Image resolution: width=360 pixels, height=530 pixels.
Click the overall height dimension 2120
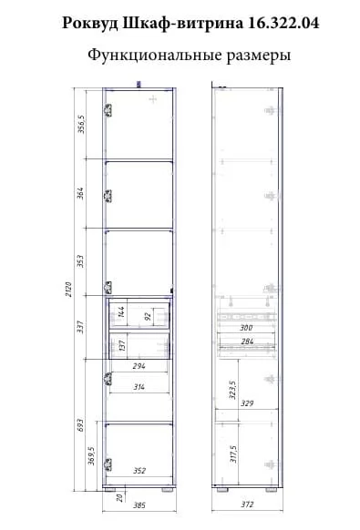point(69,289)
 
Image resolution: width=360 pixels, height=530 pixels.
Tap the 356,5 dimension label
point(81,124)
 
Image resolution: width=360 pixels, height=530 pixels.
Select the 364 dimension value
point(80,193)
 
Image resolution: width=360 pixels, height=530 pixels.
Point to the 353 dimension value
point(80,261)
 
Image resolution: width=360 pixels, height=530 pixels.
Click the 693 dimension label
point(80,425)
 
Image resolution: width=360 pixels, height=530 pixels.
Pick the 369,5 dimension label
point(91,455)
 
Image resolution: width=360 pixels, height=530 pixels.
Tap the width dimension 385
point(139,505)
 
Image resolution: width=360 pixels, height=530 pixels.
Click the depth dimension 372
point(247,505)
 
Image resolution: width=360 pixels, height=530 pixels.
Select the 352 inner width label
point(139,471)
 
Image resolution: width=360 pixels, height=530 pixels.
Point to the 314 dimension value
point(139,387)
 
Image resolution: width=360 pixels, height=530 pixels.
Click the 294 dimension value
point(139,366)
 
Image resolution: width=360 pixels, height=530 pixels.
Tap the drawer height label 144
point(121,311)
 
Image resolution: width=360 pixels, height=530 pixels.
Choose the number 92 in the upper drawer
point(148,317)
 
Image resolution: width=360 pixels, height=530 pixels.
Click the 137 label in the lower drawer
point(122,345)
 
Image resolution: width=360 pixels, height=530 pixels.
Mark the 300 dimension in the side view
point(246,328)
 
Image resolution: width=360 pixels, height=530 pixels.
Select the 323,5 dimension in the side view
point(232,390)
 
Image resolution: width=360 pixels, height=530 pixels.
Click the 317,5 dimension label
point(233,454)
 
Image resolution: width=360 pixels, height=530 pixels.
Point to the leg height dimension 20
point(119,497)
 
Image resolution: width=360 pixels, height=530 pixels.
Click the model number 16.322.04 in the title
point(283,24)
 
